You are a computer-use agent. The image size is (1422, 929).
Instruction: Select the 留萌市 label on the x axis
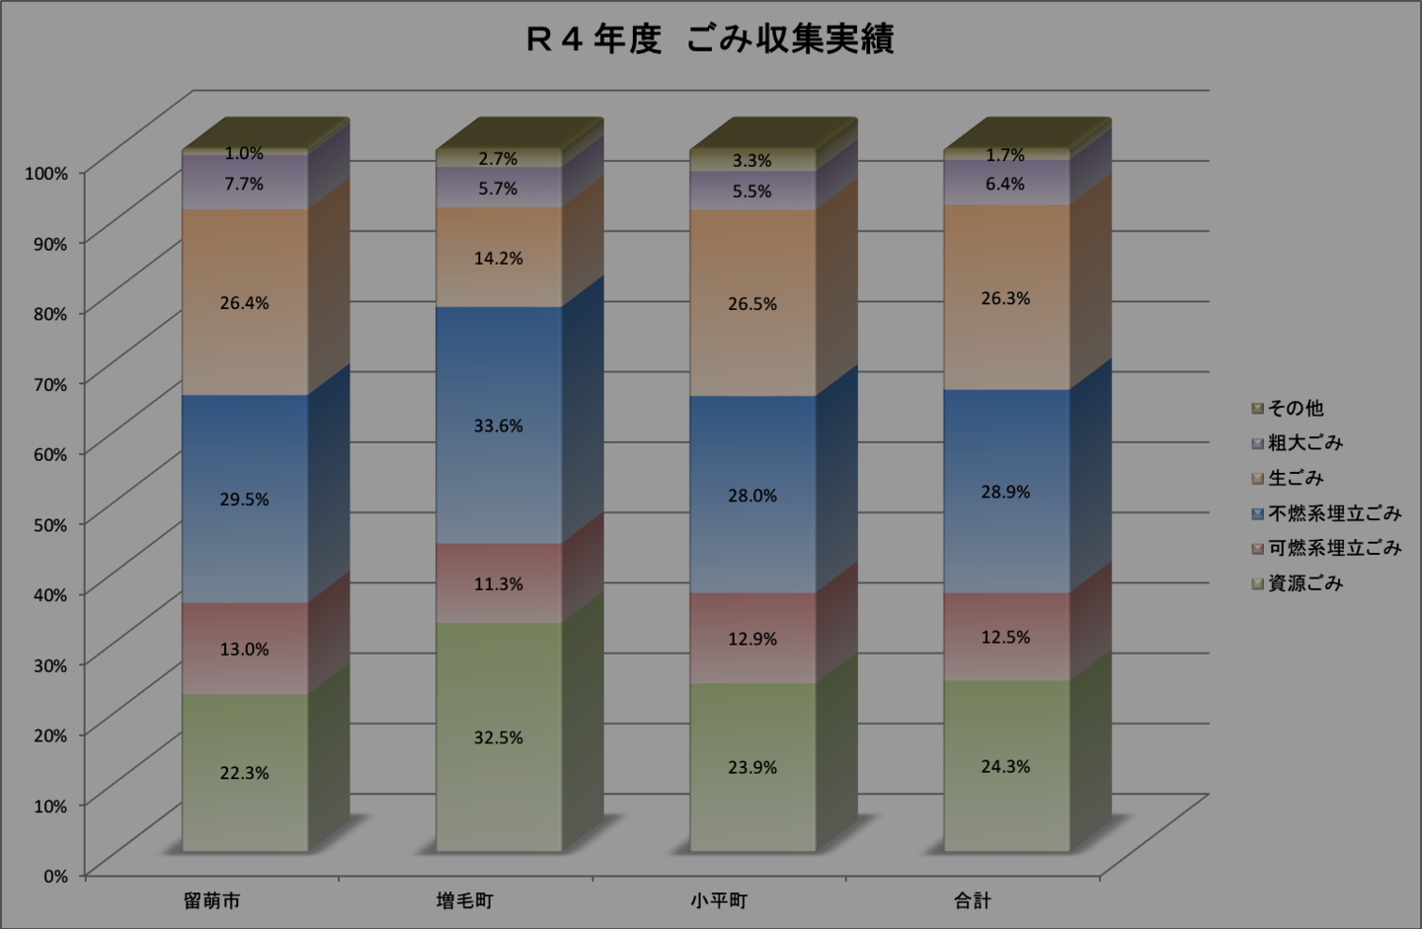(x=212, y=900)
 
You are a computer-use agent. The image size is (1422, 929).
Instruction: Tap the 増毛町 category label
(x=465, y=900)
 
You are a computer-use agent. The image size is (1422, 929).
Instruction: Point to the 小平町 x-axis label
(x=719, y=900)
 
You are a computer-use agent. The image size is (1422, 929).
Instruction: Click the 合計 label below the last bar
(x=973, y=900)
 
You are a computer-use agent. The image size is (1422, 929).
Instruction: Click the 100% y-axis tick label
(x=46, y=173)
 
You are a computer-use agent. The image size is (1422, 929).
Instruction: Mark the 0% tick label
(x=55, y=876)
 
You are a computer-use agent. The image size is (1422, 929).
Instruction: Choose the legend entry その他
(x=1295, y=408)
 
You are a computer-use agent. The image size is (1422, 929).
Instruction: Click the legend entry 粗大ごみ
(x=1304, y=443)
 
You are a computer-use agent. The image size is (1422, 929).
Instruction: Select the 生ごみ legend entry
(x=1295, y=478)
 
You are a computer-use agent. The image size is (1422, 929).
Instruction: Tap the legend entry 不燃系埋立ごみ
(x=1333, y=513)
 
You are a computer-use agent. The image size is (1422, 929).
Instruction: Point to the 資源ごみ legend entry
(x=1304, y=583)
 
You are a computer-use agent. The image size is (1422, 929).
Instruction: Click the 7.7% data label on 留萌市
(x=244, y=184)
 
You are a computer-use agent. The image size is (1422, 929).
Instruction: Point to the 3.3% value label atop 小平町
(x=752, y=160)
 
